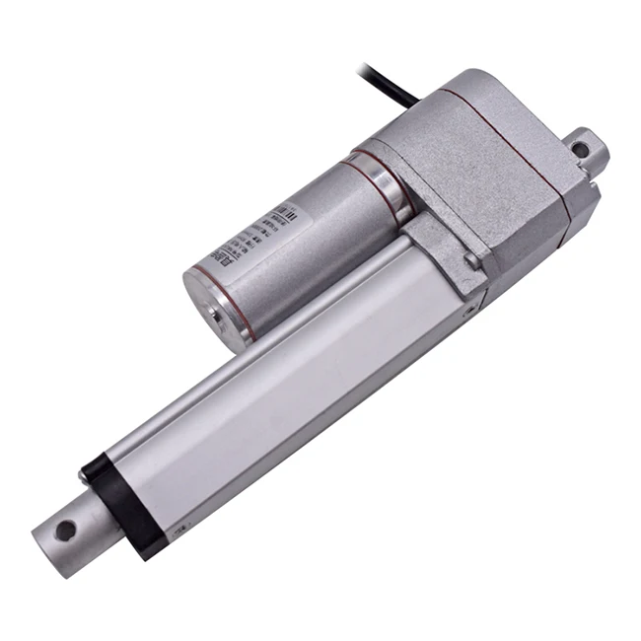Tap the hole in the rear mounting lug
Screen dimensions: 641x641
581,151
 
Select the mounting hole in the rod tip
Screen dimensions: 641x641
65,531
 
